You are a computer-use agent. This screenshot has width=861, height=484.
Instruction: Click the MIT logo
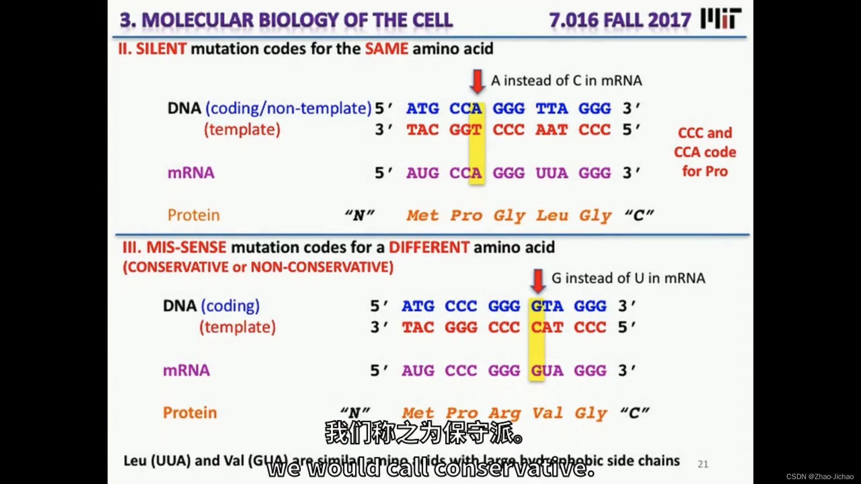coord(721,19)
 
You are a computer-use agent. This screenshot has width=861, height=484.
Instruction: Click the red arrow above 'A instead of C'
coord(477,81)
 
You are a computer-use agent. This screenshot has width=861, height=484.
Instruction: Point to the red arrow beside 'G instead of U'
coord(537,281)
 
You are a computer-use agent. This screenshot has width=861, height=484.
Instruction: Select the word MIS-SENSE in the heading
coord(186,247)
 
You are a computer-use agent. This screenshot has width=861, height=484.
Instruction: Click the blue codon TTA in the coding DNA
coord(552,108)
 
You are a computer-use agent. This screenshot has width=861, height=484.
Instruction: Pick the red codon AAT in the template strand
coord(552,130)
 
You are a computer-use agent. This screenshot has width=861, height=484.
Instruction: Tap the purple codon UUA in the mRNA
coord(552,173)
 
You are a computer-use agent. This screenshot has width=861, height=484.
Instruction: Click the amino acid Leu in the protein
coord(552,216)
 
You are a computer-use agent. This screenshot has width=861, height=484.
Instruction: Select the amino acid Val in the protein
coord(547,413)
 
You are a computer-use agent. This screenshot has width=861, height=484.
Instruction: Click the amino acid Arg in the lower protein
coord(504,413)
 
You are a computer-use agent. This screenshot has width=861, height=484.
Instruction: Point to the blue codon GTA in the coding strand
coord(547,306)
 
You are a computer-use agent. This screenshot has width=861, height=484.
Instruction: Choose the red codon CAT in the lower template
coord(547,328)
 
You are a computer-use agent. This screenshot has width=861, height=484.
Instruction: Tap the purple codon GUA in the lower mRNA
coord(547,371)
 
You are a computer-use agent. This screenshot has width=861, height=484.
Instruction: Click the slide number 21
coord(703,464)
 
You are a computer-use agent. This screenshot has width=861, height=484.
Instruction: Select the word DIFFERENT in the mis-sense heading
coord(429,247)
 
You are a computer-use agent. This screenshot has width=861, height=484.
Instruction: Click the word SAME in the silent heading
coord(386,48)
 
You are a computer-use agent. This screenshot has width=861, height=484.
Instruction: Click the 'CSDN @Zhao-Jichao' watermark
coord(820,477)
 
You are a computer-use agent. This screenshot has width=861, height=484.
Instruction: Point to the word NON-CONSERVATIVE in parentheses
coord(322,267)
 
